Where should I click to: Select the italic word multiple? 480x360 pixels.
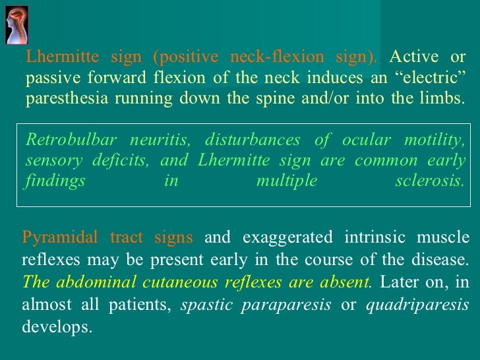coord(287,181)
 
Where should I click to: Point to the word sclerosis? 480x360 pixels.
coord(429,181)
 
